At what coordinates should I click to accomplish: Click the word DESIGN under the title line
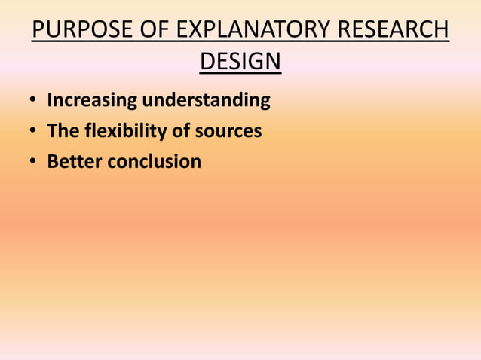[x=240, y=61]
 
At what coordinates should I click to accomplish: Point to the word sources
[x=227, y=131]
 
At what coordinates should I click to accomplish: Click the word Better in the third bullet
[x=72, y=161]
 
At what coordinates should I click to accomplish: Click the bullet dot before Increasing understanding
[x=33, y=101]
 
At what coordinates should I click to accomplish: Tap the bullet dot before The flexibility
[x=33, y=132]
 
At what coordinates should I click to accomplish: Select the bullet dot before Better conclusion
[x=33, y=162]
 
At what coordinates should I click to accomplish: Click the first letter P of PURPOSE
[x=38, y=32]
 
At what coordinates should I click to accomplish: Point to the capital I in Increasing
[x=50, y=99]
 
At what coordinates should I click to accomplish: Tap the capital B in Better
[x=53, y=161]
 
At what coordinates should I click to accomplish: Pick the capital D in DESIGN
[x=207, y=61]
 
